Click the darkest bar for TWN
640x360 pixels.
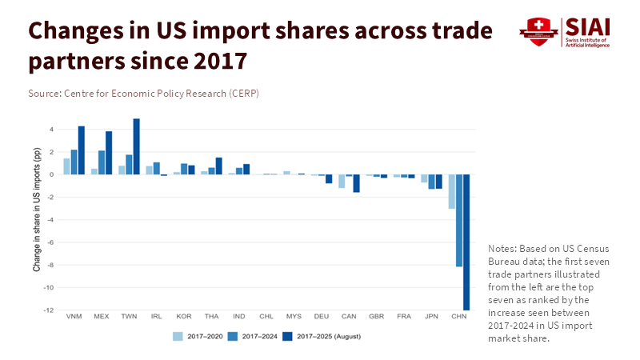point(137,146)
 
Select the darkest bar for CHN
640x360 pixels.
point(466,242)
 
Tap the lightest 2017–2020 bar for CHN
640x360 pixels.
point(452,191)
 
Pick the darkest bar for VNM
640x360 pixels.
point(82,150)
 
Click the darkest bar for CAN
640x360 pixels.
point(356,183)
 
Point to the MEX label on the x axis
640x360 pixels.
point(102,316)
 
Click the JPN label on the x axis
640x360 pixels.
point(431,316)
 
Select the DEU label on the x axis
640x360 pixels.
point(322,316)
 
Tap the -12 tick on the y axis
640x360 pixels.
point(50,310)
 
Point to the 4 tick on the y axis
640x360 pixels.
point(51,130)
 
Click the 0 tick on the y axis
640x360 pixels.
point(51,174)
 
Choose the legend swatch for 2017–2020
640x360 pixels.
point(178,336)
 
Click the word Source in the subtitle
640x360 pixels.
point(45,94)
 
